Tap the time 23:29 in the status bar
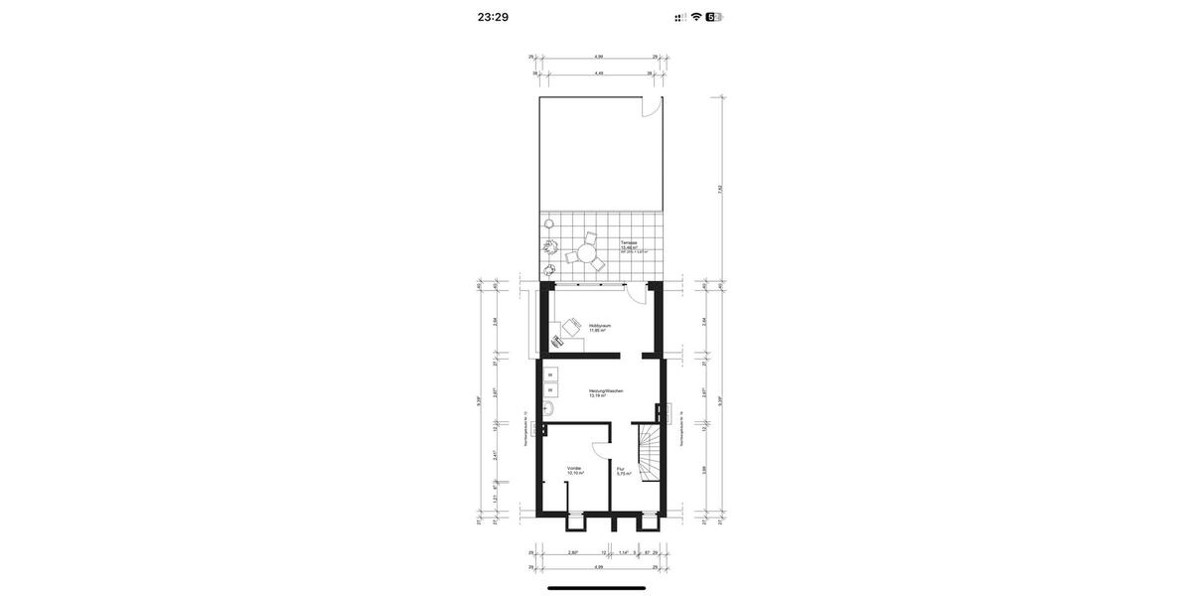click(493, 17)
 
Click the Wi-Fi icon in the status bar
click(696, 17)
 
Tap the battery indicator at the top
click(714, 17)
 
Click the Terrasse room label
click(629, 243)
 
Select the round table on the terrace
click(586, 254)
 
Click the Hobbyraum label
click(599, 326)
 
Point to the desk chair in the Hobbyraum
click(571, 326)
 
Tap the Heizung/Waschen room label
click(605, 391)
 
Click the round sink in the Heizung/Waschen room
click(547, 407)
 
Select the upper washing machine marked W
click(550, 374)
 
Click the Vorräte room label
click(574, 468)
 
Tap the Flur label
click(621, 469)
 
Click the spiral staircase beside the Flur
click(650, 452)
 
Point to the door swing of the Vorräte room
click(599, 449)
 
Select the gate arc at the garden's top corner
click(652, 107)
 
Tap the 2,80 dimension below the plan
click(572, 552)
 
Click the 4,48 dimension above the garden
click(599, 74)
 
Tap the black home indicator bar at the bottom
click(596, 587)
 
